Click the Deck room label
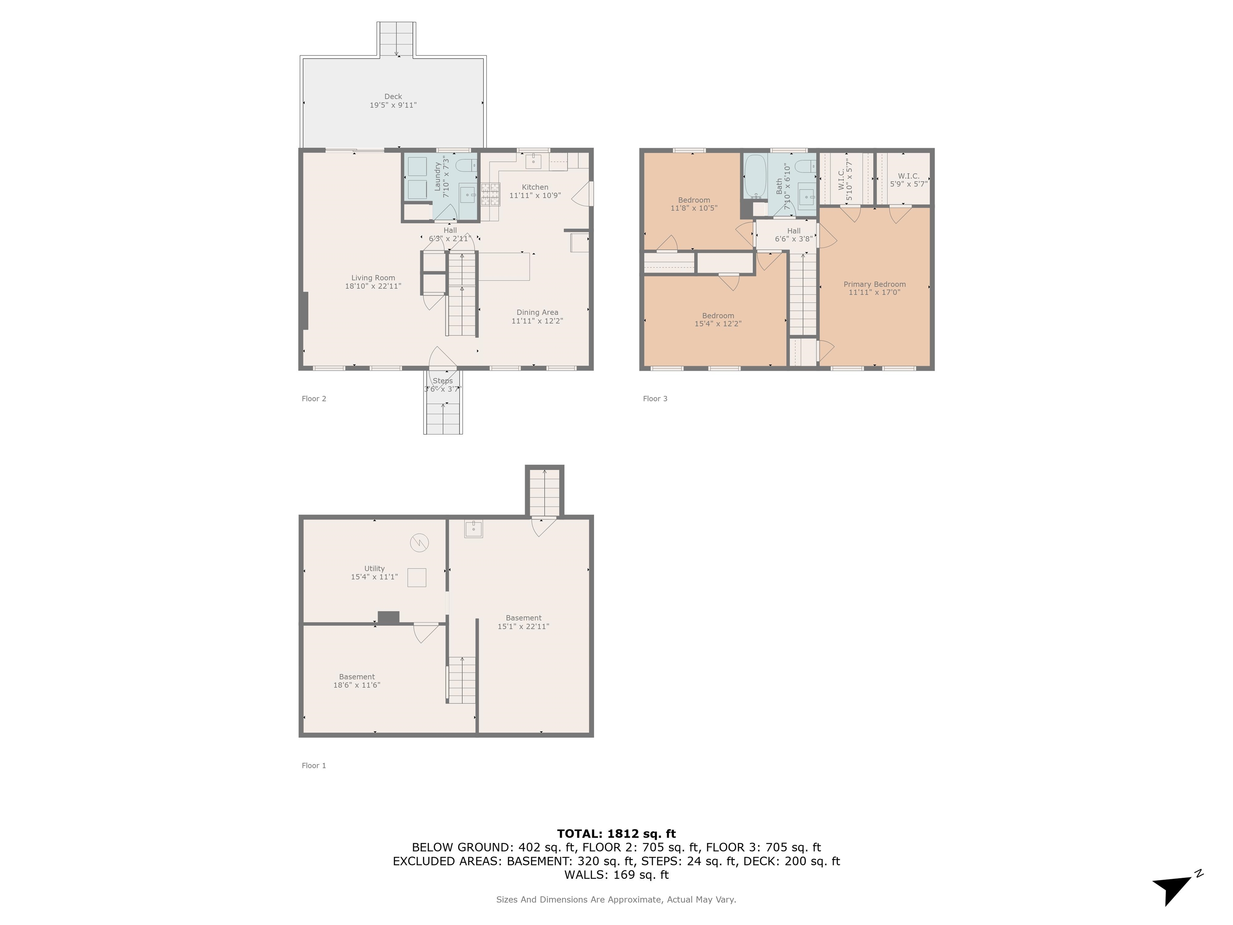pyautogui.click(x=393, y=96)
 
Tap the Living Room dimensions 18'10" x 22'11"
pyautogui.click(x=373, y=286)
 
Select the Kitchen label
pyautogui.click(x=535, y=187)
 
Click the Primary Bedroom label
pyautogui.click(x=874, y=284)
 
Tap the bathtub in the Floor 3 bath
pyautogui.click(x=755, y=175)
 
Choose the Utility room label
pyautogui.click(x=374, y=568)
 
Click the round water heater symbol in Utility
pyautogui.click(x=419, y=542)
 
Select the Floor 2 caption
pyautogui.click(x=314, y=398)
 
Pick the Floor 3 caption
pyautogui.click(x=655, y=398)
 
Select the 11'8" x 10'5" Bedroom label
pyautogui.click(x=694, y=204)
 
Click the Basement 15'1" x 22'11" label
pyautogui.click(x=523, y=621)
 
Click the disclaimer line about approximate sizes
pyautogui.click(x=616, y=899)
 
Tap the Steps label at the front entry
pyautogui.click(x=443, y=381)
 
